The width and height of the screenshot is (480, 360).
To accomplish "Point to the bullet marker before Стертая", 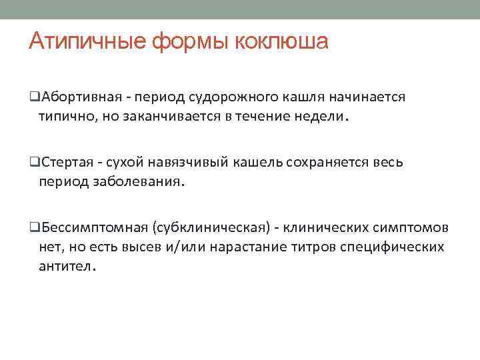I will click(x=33, y=163).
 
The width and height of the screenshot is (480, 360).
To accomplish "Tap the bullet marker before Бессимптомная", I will click(x=33, y=228).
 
